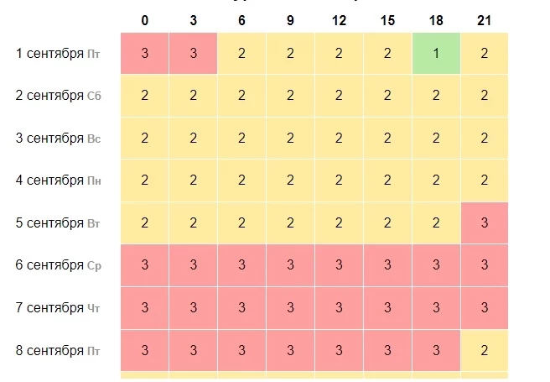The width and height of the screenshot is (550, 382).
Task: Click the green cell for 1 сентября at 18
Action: click(436, 53)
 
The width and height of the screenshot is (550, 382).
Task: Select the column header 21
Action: click(485, 20)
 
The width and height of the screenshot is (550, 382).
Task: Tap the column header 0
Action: click(145, 20)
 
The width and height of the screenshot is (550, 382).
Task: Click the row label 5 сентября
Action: click(49, 223)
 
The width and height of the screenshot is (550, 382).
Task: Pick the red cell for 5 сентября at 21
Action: click(485, 223)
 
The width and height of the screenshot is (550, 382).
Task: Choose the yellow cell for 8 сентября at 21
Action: click(485, 350)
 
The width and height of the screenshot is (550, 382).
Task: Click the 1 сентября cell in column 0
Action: click(145, 53)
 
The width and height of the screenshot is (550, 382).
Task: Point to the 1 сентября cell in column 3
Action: click(194, 53)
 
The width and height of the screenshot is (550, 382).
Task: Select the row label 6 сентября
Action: click(49, 265)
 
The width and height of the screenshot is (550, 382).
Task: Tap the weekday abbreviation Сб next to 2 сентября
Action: click(94, 97)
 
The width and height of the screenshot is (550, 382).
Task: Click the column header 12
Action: click(339, 20)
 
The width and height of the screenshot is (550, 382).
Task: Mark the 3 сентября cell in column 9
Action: click(290, 138)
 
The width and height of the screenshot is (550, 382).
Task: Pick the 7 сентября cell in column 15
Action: click(387, 308)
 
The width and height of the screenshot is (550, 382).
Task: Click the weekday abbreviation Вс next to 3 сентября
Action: click(94, 139)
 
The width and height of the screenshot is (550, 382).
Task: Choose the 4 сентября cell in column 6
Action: click(241, 181)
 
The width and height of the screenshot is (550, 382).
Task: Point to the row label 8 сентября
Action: click(49, 350)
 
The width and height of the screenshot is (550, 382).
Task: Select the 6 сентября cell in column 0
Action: click(145, 265)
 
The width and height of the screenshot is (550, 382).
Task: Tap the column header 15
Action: click(387, 20)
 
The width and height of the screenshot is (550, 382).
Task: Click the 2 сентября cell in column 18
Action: click(436, 96)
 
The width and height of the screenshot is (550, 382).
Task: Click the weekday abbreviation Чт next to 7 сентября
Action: click(93, 308)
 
